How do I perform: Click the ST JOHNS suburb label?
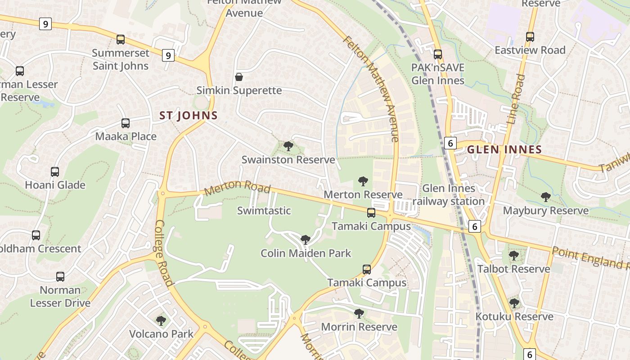coord(189,116)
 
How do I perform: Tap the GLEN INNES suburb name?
coord(504,149)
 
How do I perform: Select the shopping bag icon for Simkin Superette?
coord(239,77)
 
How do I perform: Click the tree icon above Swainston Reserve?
coord(288,146)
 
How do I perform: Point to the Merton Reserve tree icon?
coord(363,181)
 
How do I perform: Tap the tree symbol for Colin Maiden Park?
coord(306,239)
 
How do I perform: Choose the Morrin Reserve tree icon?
coord(359,313)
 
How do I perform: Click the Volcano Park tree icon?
coord(161,320)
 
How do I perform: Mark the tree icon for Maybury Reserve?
coord(545,197)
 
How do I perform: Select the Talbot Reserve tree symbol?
coord(513,256)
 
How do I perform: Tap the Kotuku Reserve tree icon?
coord(514,303)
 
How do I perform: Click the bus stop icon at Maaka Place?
coord(126,123)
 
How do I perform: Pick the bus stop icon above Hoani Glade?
coord(55,171)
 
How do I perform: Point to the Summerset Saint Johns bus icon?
coord(121,39)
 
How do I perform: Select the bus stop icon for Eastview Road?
coord(530,37)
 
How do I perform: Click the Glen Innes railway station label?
coord(449,194)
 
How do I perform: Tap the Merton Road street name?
coord(237,188)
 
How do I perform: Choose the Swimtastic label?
coord(264,211)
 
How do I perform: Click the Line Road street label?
coord(516,99)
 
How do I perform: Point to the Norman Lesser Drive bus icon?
coord(60,276)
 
